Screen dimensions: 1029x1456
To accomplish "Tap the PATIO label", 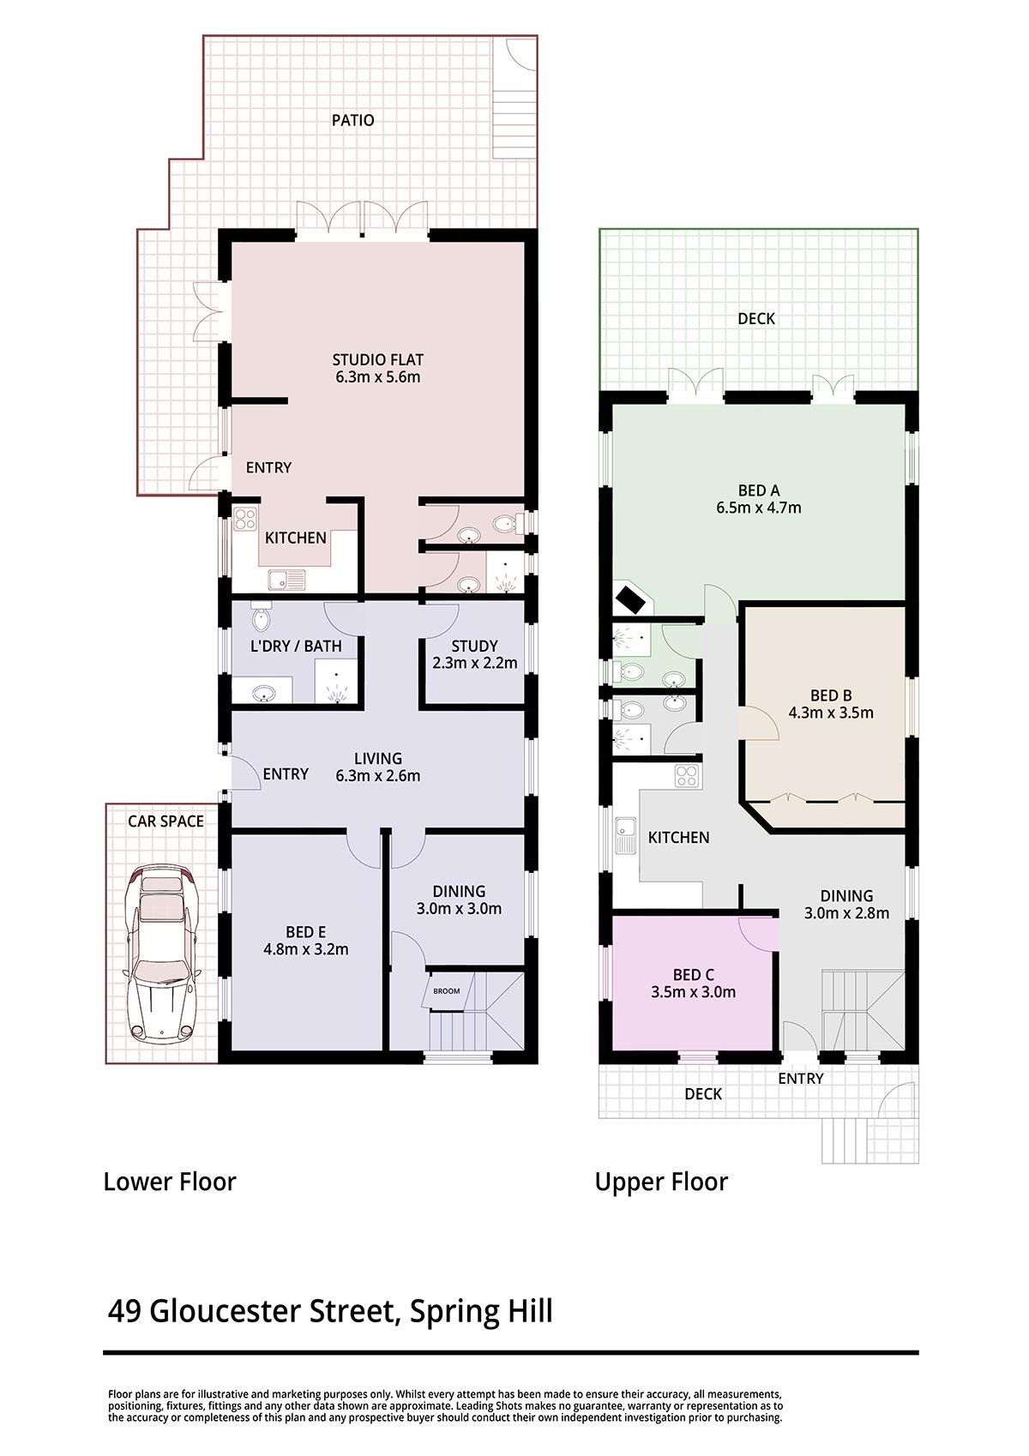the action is pos(352,120).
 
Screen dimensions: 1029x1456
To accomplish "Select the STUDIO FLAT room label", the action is pos(377,359).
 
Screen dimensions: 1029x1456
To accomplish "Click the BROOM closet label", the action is pos(447,991).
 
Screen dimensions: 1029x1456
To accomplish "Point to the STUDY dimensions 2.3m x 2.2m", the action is pos(474,663).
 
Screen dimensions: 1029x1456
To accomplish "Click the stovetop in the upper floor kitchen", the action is pos(687,775).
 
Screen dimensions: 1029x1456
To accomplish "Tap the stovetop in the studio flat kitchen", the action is pos(245,519).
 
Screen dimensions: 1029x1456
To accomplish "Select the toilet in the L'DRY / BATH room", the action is pos(261,617).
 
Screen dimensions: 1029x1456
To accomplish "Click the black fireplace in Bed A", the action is pos(630,599).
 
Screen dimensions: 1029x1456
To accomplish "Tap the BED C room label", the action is pos(694,975).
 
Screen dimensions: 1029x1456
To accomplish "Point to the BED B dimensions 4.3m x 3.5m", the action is pos(831,713).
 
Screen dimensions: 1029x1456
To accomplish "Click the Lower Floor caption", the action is pos(170,1182).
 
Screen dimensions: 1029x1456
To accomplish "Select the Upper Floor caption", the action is pos(661,1182).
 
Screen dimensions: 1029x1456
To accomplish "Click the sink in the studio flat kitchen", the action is pos(286,579).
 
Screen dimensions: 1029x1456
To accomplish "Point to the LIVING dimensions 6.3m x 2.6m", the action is pos(377,775).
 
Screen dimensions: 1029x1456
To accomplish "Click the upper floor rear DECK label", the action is pos(756,318).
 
